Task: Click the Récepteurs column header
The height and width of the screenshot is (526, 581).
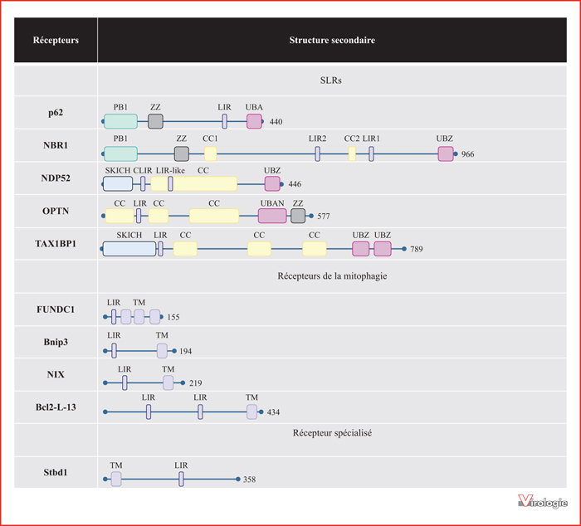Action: click(56, 40)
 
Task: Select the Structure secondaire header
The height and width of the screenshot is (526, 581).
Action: click(332, 40)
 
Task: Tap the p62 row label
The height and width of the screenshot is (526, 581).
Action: click(56, 113)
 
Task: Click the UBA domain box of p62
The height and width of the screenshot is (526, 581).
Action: click(254, 121)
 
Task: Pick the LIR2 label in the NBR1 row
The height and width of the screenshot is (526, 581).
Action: click(318, 139)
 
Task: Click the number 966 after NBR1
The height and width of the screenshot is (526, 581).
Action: click(467, 154)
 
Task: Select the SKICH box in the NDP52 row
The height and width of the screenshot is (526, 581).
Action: click(118, 183)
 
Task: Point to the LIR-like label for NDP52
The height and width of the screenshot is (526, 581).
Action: click(170, 170)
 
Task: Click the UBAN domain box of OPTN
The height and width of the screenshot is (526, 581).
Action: click(272, 216)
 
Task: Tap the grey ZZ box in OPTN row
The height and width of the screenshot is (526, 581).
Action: click(298, 216)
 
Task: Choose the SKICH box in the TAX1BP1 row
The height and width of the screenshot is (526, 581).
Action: click(129, 249)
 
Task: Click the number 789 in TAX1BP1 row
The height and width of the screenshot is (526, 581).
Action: click(417, 249)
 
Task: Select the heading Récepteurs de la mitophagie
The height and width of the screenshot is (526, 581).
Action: click(332, 276)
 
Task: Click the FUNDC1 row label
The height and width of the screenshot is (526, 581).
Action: click(56, 309)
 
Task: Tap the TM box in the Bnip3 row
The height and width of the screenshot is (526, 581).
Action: click(162, 351)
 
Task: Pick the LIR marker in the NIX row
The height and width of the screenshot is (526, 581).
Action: click(124, 382)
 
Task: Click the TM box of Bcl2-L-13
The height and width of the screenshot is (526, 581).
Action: click(252, 412)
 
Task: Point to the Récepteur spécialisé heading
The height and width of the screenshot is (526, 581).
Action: click(332, 433)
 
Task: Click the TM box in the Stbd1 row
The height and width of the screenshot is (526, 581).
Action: click(116, 479)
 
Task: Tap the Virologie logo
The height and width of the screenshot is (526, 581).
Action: click(543, 501)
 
